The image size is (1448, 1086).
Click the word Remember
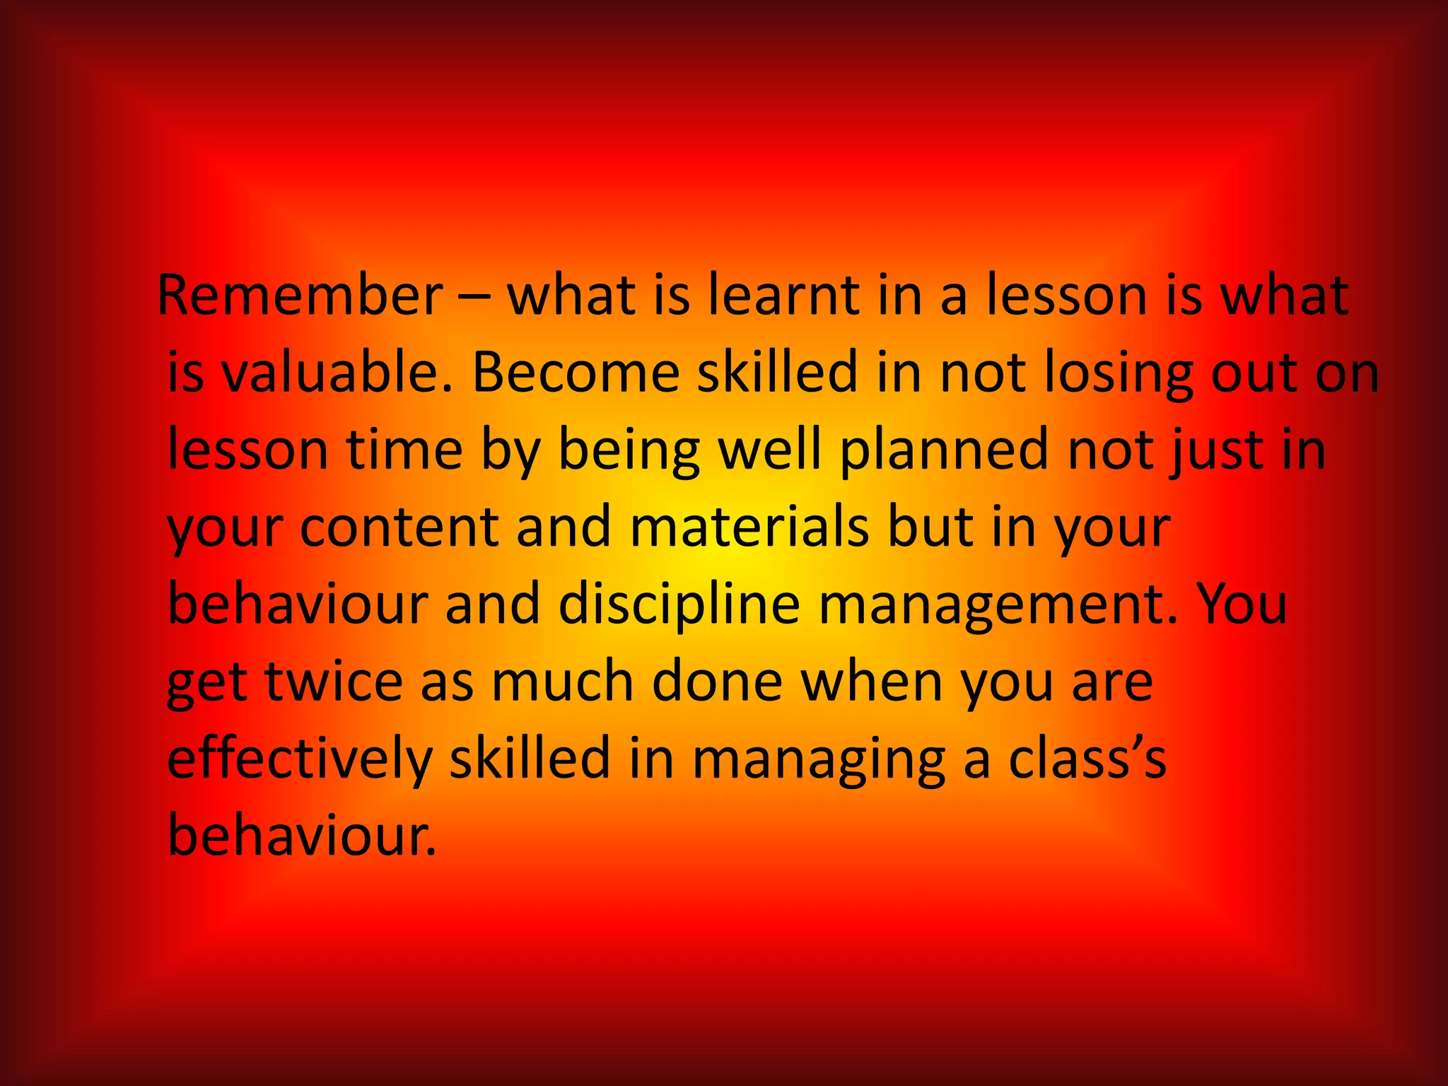300,295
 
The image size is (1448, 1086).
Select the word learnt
783,295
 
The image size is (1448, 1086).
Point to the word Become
576,373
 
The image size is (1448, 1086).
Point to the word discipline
679,607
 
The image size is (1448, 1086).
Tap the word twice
334,682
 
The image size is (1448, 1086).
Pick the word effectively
300,760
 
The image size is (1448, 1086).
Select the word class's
1087,760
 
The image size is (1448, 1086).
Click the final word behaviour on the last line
302,836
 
